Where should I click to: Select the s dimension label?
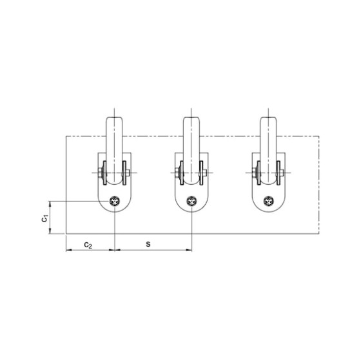(x=149, y=244)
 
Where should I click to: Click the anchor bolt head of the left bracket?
(x=114, y=201)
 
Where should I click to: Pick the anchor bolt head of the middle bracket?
(x=191, y=201)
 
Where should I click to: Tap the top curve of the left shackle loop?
(x=114, y=116)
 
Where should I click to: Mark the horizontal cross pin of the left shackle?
(x=114, y=172)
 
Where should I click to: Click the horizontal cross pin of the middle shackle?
(x=191, y=172)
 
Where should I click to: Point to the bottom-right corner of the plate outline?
(x=319, y=234)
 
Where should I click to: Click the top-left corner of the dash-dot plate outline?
(x=66, y=136)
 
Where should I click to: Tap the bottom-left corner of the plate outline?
(x=66, y=234)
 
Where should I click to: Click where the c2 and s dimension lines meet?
(x=114, y=250)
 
